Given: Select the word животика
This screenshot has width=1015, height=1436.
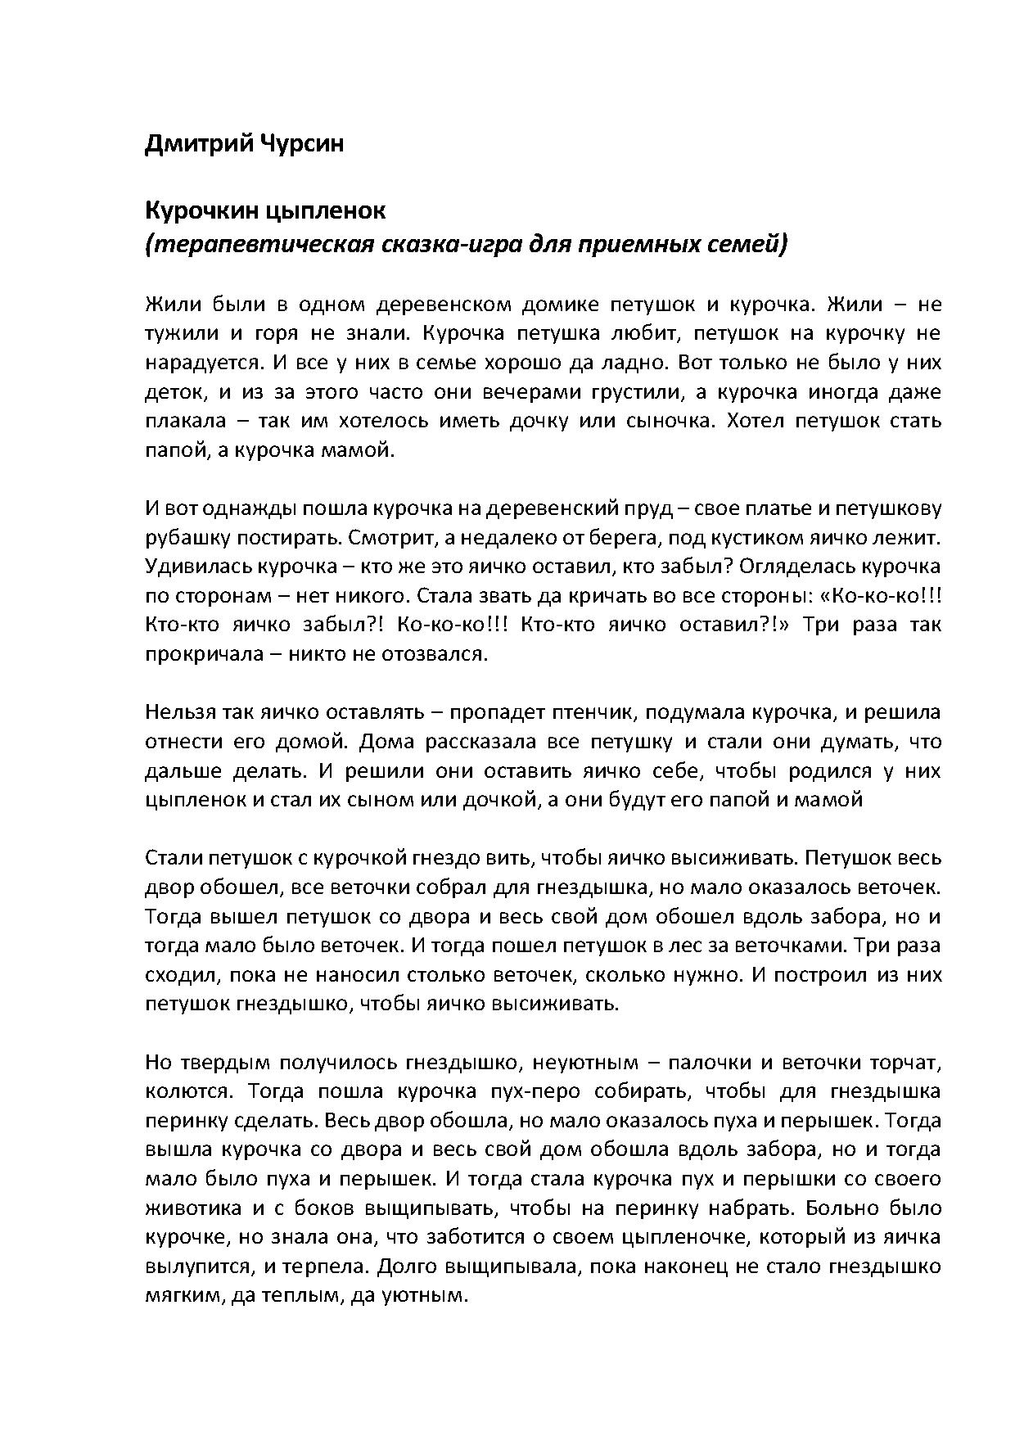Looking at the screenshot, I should coord(190,1208).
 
